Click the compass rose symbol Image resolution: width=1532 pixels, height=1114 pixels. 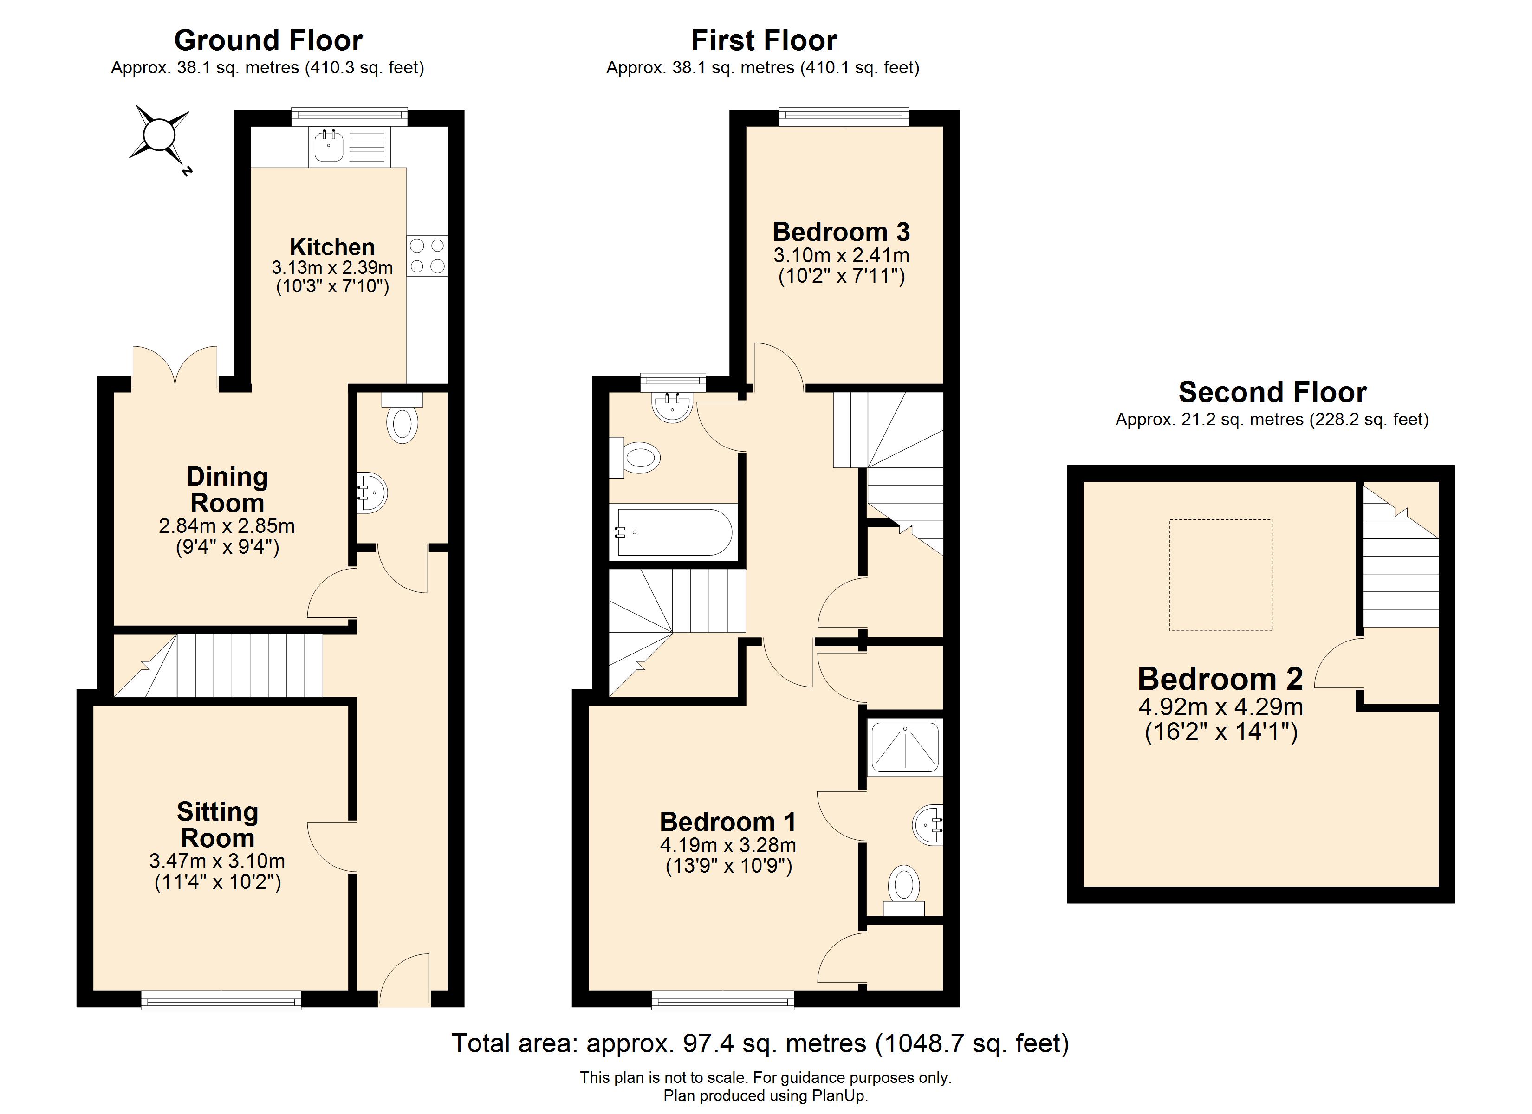pyautogui.click(x=159, y=135)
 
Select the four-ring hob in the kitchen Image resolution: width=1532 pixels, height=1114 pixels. pyautogui.click(x=428, y=255)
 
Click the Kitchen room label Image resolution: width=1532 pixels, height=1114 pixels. pyautogui.click(x=332, y=247)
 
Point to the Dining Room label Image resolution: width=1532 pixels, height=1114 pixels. pyautogui.click(x=227, y=490)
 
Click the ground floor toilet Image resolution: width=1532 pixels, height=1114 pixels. pyautogui.click(x=402, y=417)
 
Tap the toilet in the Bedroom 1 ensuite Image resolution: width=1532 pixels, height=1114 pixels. pyautogui.click(x=904, y=891)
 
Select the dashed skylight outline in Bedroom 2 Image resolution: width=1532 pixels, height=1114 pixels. pyautogui.click(x=1220, y=575)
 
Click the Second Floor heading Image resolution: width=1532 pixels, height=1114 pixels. pyautogui.click(x=1272, y=392)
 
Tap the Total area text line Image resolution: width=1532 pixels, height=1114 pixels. pyautogui.click(x=760, y=1044)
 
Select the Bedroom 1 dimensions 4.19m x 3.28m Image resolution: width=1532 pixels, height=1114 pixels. pyautogui.click(x=728, y=845)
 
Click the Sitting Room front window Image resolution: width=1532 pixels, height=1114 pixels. pyautogui.click(x=221, y=1000)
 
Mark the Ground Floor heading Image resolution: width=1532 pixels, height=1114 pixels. pyautogui.click(x=268, y=40)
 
